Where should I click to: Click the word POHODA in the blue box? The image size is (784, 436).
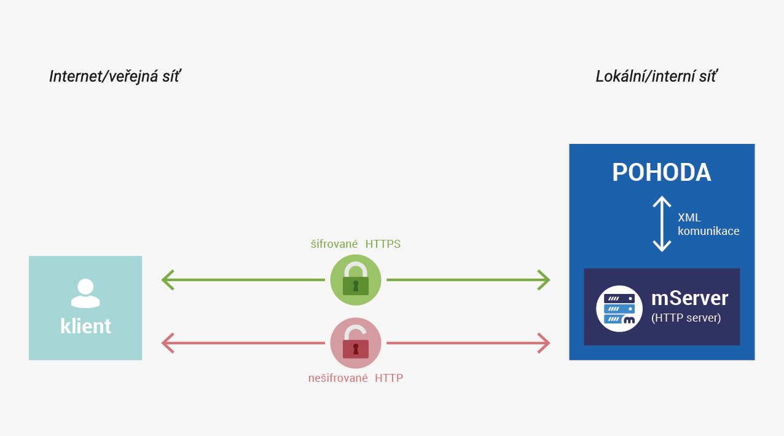662,172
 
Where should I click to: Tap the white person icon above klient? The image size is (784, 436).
85,293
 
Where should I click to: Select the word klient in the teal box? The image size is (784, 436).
85,326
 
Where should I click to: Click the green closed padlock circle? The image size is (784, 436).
356,280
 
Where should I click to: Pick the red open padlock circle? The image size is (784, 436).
356,343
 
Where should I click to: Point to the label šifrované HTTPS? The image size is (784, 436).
356,244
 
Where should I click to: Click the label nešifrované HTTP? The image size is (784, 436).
356,378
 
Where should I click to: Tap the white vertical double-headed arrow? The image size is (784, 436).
662,224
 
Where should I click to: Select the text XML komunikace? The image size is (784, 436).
708,224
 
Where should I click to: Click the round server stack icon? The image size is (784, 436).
619,309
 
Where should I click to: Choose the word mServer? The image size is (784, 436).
689,298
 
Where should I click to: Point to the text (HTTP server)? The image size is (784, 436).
686,318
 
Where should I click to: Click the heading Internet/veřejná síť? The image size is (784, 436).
115,77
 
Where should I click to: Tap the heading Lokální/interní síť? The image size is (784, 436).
657,77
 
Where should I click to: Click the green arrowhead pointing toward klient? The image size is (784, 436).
168,280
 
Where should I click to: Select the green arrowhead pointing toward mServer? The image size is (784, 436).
544,280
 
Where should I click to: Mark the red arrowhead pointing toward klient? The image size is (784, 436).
168,343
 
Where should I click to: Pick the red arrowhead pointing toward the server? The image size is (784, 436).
544,343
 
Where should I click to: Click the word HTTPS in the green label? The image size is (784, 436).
383,244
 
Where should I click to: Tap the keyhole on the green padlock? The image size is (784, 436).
356,286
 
